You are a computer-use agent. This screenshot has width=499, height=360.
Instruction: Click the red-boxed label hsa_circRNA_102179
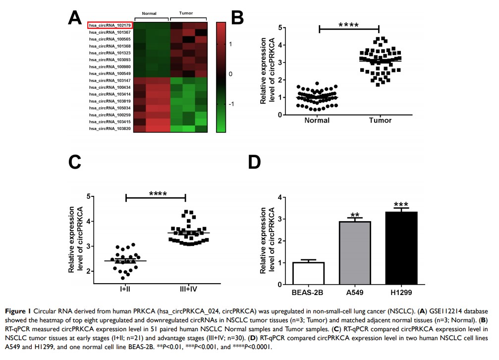click(x=110, y=25)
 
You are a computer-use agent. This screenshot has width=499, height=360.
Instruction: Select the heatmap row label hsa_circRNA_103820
click(x=111, y=128)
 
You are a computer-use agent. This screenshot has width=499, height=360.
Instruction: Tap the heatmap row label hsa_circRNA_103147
click(x=111, y=80)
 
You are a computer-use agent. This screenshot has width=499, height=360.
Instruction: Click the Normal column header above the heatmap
click(x=149, y=13)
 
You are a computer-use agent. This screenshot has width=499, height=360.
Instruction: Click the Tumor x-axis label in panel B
click(x=380, y=120)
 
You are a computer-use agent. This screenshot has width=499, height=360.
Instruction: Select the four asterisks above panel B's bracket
click(x=349, y=24)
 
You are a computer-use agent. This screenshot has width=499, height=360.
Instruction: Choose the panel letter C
click(x=75, y=163)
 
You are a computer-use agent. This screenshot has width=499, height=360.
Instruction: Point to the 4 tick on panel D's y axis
click(x=280, y=197)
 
